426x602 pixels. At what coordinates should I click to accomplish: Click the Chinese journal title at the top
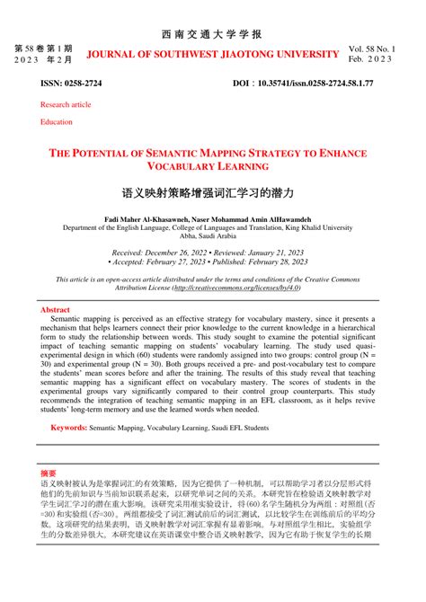point(212,34)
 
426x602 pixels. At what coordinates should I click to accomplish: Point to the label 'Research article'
point(66,104)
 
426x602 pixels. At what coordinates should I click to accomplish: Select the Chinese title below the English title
point(212,193)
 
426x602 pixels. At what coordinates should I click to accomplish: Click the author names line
point(212,219)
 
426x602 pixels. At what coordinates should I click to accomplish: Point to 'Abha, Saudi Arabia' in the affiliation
point(212,235)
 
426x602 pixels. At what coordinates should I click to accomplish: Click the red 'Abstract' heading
point(55,309)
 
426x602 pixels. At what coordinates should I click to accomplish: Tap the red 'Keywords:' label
point(68,429)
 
